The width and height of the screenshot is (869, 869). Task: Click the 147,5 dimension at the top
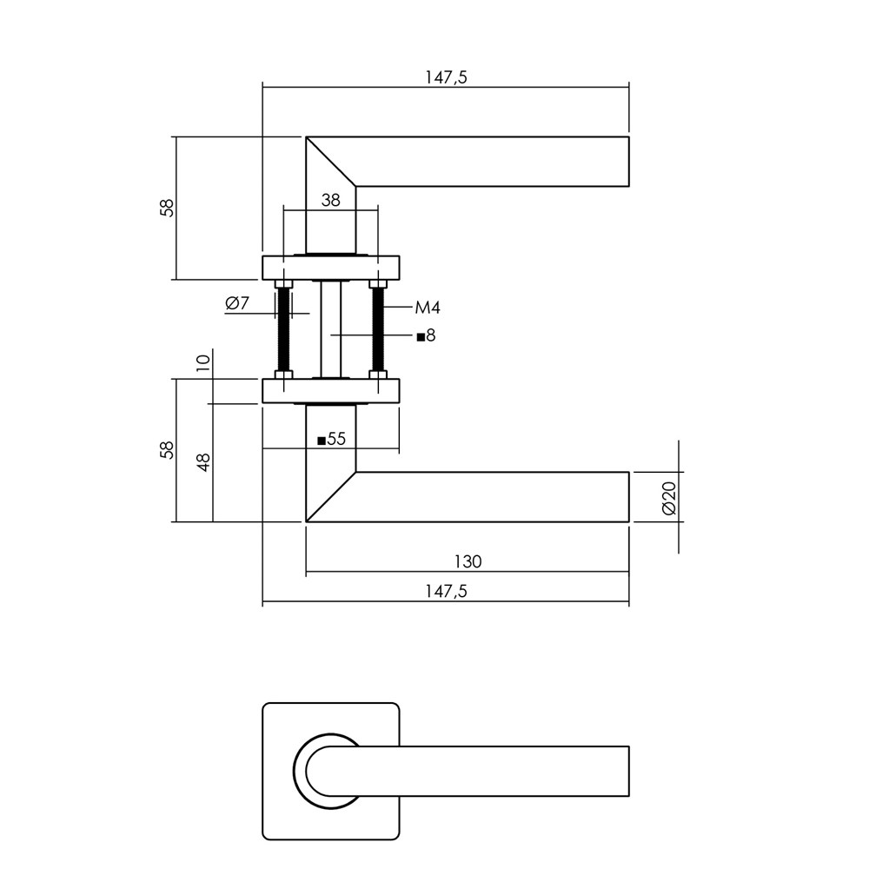click(x=446, y=77)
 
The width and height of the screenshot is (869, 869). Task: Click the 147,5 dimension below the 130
click(x=446, y=591)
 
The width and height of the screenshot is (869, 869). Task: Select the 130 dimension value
click(x=468, y=561)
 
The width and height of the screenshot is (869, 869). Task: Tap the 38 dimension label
click(x=331, y=200)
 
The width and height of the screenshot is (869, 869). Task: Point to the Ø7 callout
click(x=237, y=303)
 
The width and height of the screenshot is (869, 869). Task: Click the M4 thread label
click(x=428, y=308)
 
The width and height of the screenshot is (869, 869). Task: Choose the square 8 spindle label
click(x=426, y=335)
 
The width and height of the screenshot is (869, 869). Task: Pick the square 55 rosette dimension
click(x=331, y=439)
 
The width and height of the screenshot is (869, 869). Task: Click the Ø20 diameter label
click(x=669, y=498)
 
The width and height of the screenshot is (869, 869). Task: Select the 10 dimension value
click(x=203, y=362)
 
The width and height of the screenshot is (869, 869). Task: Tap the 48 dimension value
click(x=203, y=461)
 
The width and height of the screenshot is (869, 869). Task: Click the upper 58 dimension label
click(x=166, y=208)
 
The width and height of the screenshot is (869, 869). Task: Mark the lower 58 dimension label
click(x=166, y=449)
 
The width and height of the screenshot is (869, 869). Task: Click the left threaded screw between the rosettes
click(x=284, y=329)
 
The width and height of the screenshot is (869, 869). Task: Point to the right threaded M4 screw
click(x=378, y=329)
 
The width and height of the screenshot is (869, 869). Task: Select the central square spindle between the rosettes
click(x=331, y=329)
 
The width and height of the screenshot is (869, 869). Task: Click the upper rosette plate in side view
click(x=331, y=268)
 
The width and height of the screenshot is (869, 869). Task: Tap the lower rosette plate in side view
click(x=331, y=391)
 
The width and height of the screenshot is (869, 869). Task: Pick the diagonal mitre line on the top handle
click(x=331, y=162)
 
